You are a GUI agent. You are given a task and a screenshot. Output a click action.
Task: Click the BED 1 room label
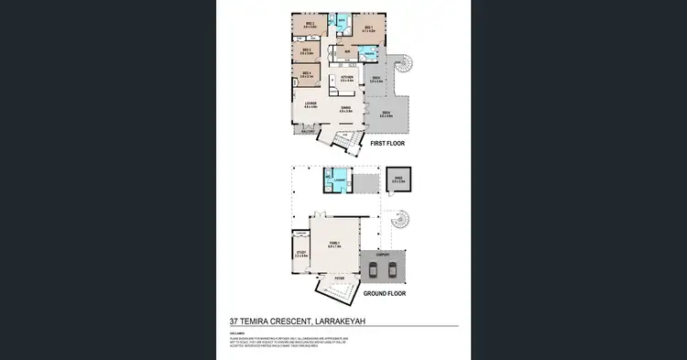[x=367, y=28]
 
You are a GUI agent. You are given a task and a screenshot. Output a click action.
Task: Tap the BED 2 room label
[x=310, y=25]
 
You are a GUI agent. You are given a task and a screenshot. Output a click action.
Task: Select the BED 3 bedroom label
[x=308, y=51]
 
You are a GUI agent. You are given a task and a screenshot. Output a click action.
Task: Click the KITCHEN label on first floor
[x=347, y=79]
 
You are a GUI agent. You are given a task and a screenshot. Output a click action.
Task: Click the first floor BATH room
[x=342, y=20]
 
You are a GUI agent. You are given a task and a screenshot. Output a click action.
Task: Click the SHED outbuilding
[x=398, y=180]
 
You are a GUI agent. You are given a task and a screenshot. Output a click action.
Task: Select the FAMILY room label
[x=334, y=245]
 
